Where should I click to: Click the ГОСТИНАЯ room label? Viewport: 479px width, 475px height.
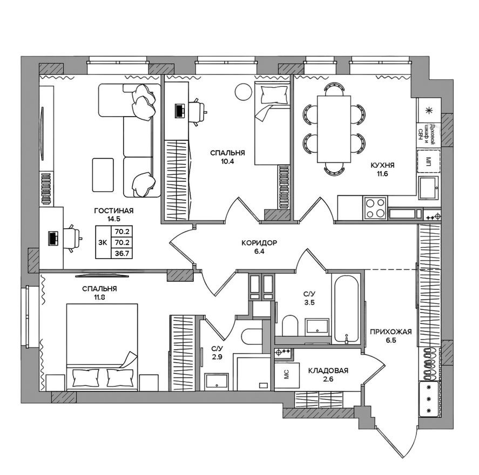click(x=113, y=211)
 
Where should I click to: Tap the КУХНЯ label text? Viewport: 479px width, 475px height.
click(x=382, y=166)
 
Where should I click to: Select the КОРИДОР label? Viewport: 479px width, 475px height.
click(x=259, y=243)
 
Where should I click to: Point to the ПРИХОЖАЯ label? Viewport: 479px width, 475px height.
click(x=391, y=332)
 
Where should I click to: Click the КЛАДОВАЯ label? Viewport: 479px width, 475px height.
click(x=328, y=371)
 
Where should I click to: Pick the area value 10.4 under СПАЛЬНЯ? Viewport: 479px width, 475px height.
click(x=225, y=161)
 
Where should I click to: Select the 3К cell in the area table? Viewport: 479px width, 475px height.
click(x=103, y=242)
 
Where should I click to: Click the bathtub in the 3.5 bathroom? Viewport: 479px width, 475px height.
click(x=345, y=310)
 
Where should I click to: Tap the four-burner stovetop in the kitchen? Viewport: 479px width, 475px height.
click(x=375, y=208)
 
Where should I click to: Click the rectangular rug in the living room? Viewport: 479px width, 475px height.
click(x=103, y=174)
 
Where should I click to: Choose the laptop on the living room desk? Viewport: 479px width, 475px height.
click(x=53, y=237)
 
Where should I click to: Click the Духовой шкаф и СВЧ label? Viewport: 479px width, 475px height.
click(x=429, y=131)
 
